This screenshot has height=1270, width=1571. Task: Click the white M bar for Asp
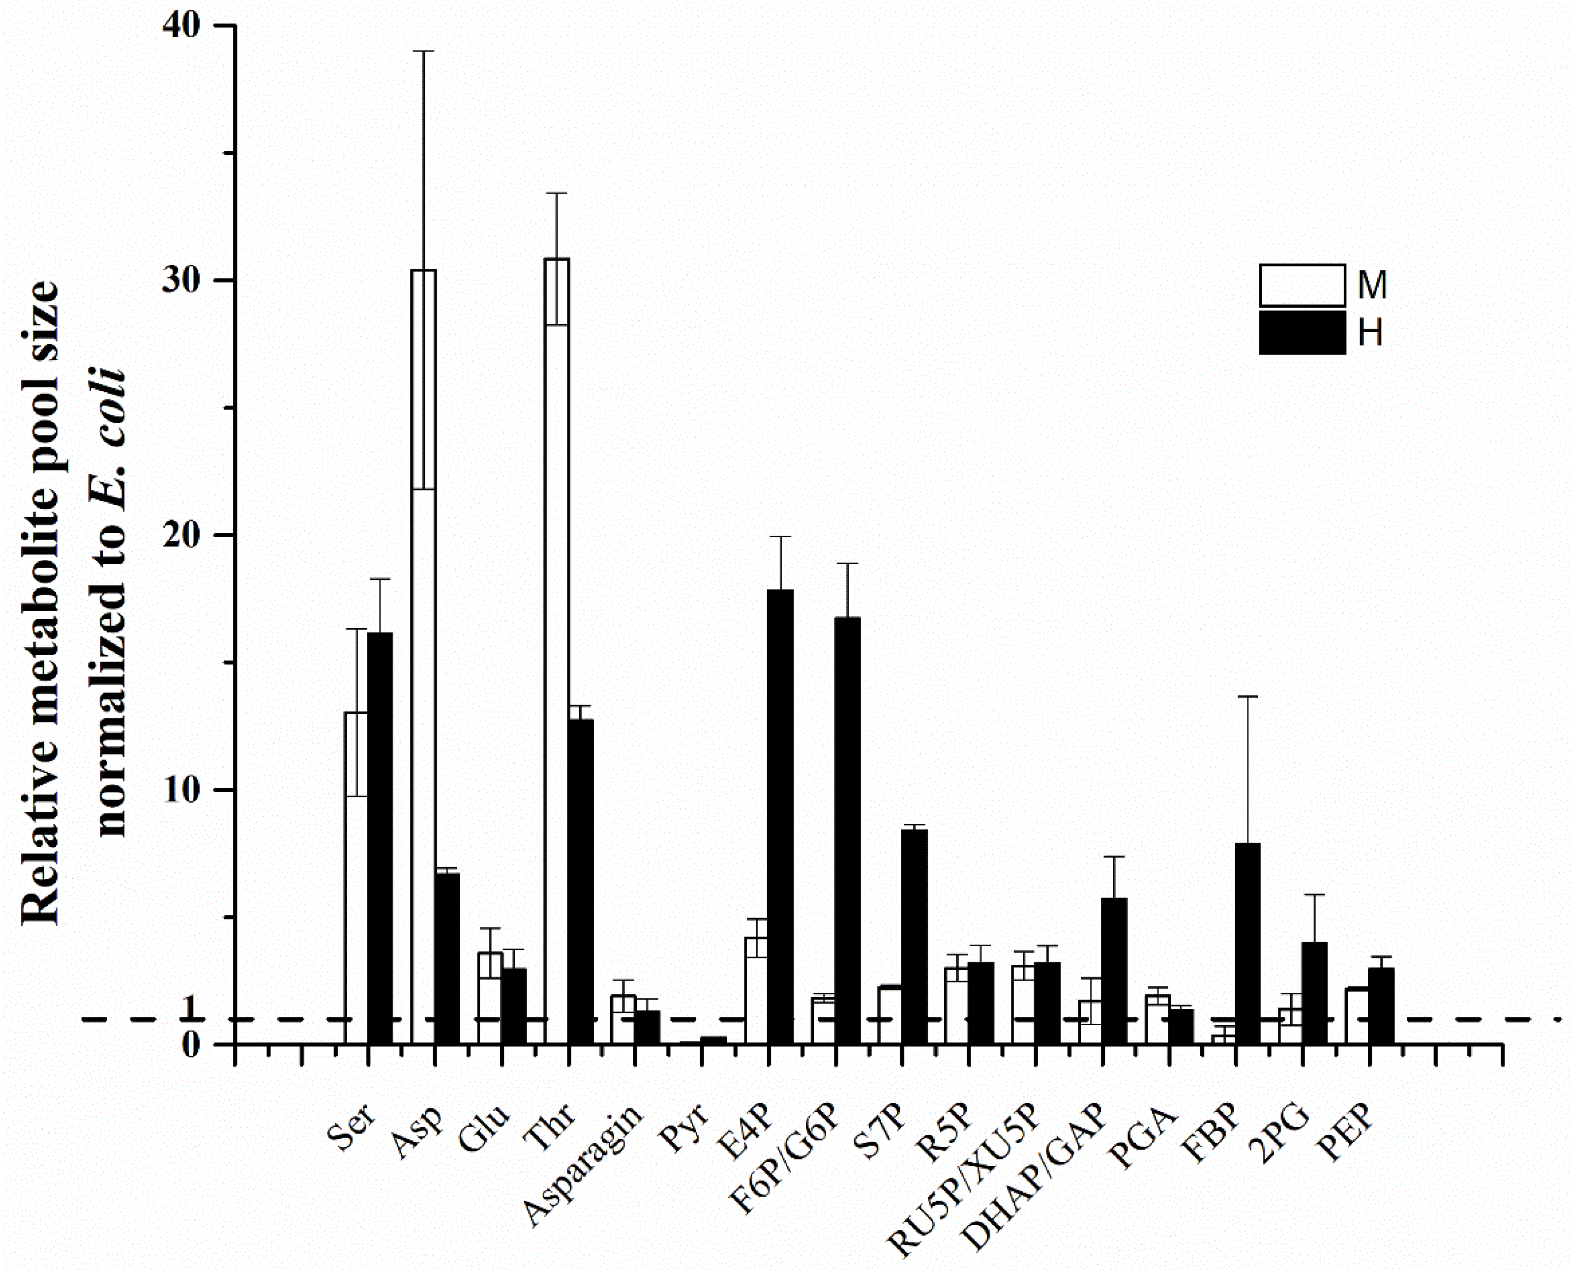[x=424, y=659]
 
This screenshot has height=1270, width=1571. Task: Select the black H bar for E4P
[x=780, y=816]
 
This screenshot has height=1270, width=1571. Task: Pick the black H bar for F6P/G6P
[x=847, y=830]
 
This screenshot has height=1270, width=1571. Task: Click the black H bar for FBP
[x=1247, y=944]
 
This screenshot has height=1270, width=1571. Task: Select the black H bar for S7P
[x=914, y=936]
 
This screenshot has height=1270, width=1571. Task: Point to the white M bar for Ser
[x=356, y=878]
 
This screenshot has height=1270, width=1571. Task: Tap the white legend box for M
[x=1302, y=286]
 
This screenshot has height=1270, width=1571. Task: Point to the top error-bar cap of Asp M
[x=424, y=51]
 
